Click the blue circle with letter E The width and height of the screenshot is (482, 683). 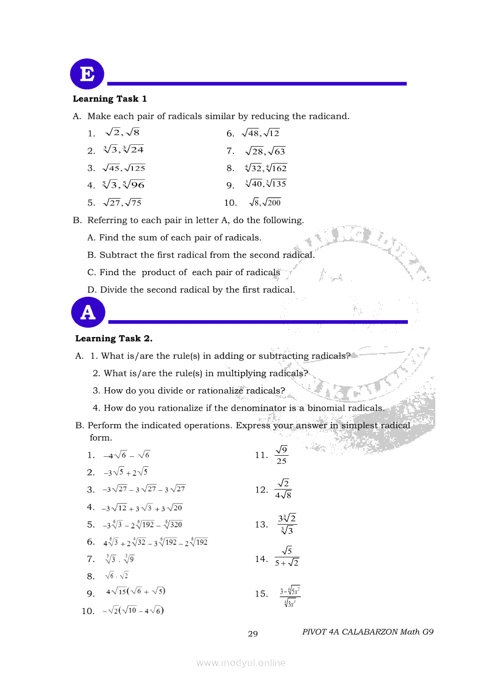click(x=87, y=75)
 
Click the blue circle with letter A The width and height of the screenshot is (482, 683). click(x=88, y=313)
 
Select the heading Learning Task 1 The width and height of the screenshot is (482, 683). click(x=110, y=99)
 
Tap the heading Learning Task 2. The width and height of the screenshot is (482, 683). click(x=114, y=338)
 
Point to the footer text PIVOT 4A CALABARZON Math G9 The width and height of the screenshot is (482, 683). click(x=368, y=632)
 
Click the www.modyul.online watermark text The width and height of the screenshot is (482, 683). click(x=241, y=663)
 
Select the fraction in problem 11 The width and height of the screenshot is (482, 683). click(x=282, y=455)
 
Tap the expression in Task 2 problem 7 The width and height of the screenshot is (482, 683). click(x=120, y=559)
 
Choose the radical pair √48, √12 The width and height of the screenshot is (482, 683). click(x=261, y=133)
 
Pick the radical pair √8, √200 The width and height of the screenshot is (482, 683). click(x=265, y=203)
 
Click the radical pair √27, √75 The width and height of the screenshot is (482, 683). click(x=122, y=203)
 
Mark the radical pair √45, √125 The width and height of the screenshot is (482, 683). click(x=124, y=168)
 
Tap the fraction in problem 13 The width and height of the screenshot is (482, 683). click(x=287, y=524)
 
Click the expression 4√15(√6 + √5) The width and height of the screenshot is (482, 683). click(x=135, y=591)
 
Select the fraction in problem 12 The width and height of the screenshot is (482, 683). click(x=283, y=489)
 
